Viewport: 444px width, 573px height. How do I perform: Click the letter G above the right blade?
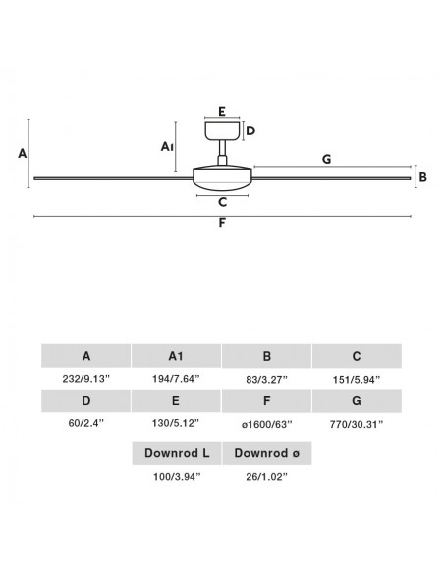[x=326, y=159]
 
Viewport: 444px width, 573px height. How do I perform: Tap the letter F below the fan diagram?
[x=222, y=223]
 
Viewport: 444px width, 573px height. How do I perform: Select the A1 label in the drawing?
[x=167, y=147]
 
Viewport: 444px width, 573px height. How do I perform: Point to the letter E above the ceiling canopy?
[x=222, y=112]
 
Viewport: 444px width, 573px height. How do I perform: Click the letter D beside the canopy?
[x=250, y=130]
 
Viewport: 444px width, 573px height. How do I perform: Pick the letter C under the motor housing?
[x=222, y=202]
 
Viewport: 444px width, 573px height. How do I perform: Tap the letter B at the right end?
[x=423, y=177]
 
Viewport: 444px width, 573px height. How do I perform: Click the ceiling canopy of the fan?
[x=222, y=130]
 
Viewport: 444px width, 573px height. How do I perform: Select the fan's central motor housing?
[x=222, y=179]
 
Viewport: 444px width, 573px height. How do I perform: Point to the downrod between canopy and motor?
[x=222, y=153]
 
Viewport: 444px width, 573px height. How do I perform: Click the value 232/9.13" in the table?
[x=85, y=379]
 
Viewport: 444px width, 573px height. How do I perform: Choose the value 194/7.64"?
[x=176, y=379]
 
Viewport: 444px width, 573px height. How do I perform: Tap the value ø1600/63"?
[x=266, y=424]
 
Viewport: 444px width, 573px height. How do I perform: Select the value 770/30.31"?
[x=357, y=424]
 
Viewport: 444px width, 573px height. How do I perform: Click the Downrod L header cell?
[x=177, y=453]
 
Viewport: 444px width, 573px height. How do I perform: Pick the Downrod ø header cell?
[x=267, y=453]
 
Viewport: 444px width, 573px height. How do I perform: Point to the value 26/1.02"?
[x=266, y=477]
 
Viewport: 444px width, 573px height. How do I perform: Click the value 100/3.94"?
[x=177, y=477]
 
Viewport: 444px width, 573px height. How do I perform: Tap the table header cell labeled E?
[x=176, y=401]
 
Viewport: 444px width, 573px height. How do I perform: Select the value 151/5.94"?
[x=357, y=380]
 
